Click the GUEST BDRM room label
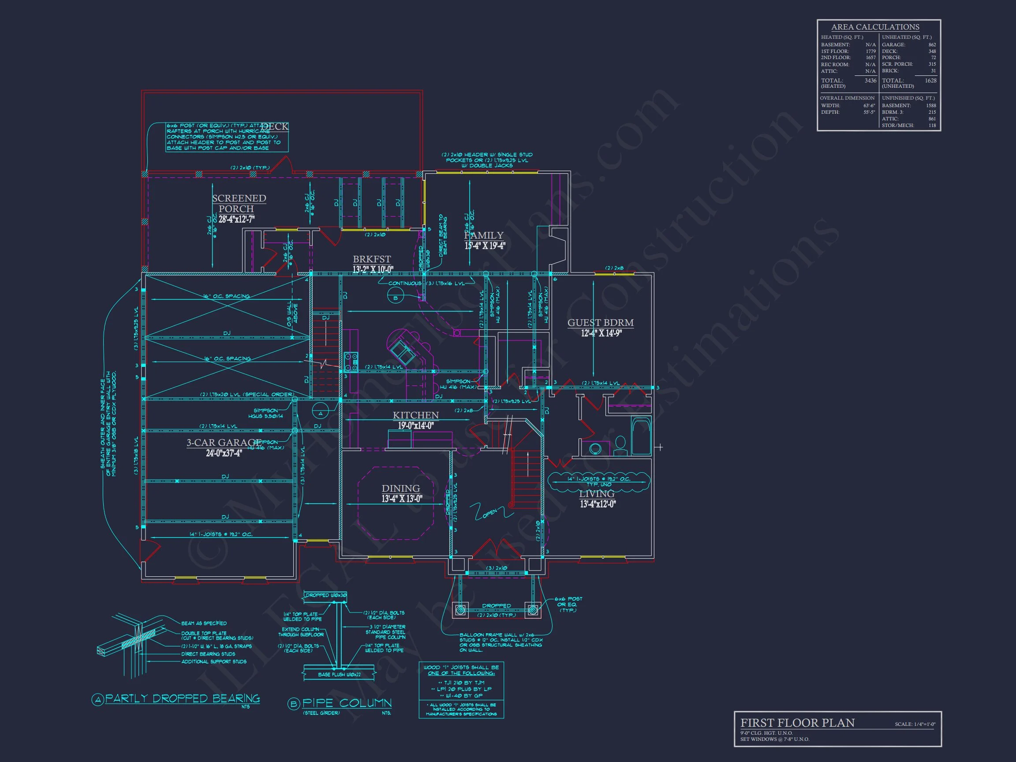[600, 322]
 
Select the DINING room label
[400, 488]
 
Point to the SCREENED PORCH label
[239, 203]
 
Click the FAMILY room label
[484, 235]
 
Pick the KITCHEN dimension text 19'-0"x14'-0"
[416, 426]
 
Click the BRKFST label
[372, 259]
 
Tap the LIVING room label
[597, 494]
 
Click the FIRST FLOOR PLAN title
[797, 722]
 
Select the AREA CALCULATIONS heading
[875, 27]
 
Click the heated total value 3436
[870, 80]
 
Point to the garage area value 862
[932, 45]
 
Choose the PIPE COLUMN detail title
[347, 703]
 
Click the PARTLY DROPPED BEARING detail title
[183, 698]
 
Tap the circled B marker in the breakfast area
[396, 298]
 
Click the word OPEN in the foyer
[490, 513]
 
